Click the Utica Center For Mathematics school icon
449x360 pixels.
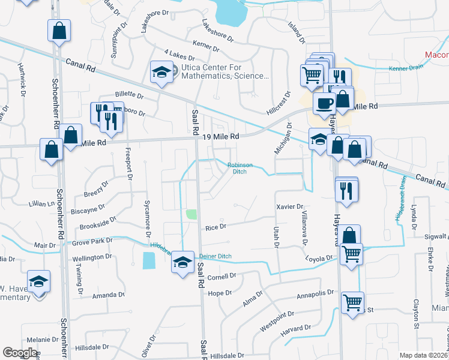(x=161, y=73)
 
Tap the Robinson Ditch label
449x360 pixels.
(x=240, y=169)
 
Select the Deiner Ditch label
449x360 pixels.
(x=219, y=256)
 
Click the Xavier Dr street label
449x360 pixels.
(x=289, y=207)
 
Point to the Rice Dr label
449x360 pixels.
(x=215, y=227)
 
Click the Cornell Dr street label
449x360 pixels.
(x=222, y=277)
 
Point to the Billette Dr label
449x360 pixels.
(x=129, y=95)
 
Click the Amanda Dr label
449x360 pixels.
(x=108, y=296)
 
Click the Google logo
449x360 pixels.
(x=20, y=353)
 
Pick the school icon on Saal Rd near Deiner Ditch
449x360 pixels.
(x=182, y=262)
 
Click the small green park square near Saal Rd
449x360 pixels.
(x=191, y=214)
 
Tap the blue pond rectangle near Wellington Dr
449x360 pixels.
(x=148, y=260)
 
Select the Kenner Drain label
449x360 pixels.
(x=406, y=67)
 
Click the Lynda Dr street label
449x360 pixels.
(x=414, y=220)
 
